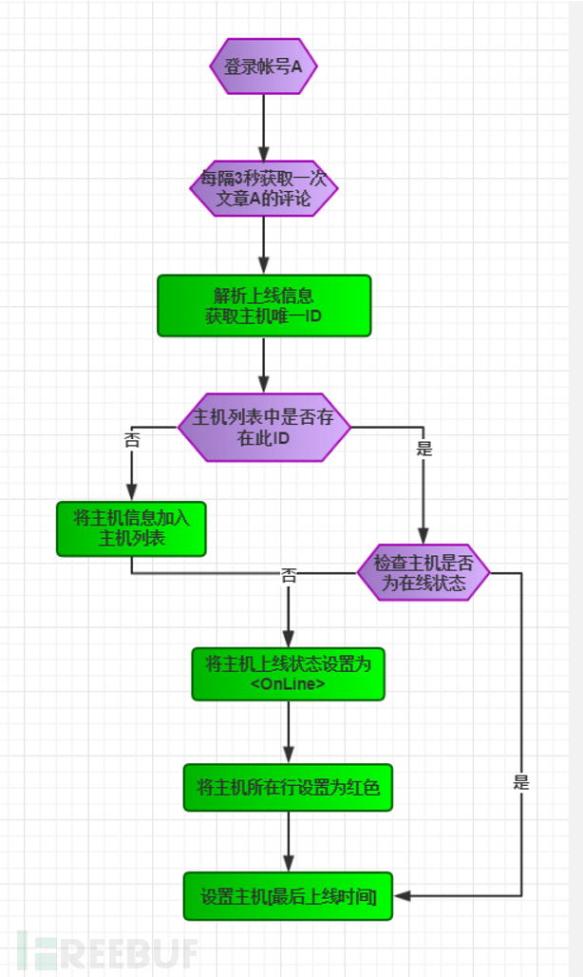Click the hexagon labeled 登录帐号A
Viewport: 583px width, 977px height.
coord(263,67)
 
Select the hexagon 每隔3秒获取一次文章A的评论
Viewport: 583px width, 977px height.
coord(264,189)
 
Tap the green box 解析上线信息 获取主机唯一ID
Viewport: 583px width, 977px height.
coord(264,306)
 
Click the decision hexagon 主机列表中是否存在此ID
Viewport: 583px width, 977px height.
coord(264,428)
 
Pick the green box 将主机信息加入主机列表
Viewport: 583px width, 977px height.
coord(131,528)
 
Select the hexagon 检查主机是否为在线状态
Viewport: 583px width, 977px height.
coord(423,573)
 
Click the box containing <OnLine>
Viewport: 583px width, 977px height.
coord(288,674)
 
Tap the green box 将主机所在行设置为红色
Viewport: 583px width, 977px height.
coord(288,788)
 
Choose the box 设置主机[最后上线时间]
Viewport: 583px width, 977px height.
coord(288,896)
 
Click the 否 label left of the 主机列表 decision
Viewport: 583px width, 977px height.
coord(132,440)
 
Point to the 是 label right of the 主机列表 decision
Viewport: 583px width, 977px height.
coord(423,448)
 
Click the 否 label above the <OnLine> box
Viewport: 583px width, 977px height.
coord(288,575)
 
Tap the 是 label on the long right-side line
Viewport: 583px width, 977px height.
coord(520,782)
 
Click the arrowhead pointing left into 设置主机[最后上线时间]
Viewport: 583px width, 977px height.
coord(402,896)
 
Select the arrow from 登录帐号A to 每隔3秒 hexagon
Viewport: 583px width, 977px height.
coord(264,128)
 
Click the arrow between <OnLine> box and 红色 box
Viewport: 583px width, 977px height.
coord(288,732)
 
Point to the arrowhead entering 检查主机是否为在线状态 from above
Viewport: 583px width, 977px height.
coord(423,536)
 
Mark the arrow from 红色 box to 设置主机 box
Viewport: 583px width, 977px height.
coord(288,842)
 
